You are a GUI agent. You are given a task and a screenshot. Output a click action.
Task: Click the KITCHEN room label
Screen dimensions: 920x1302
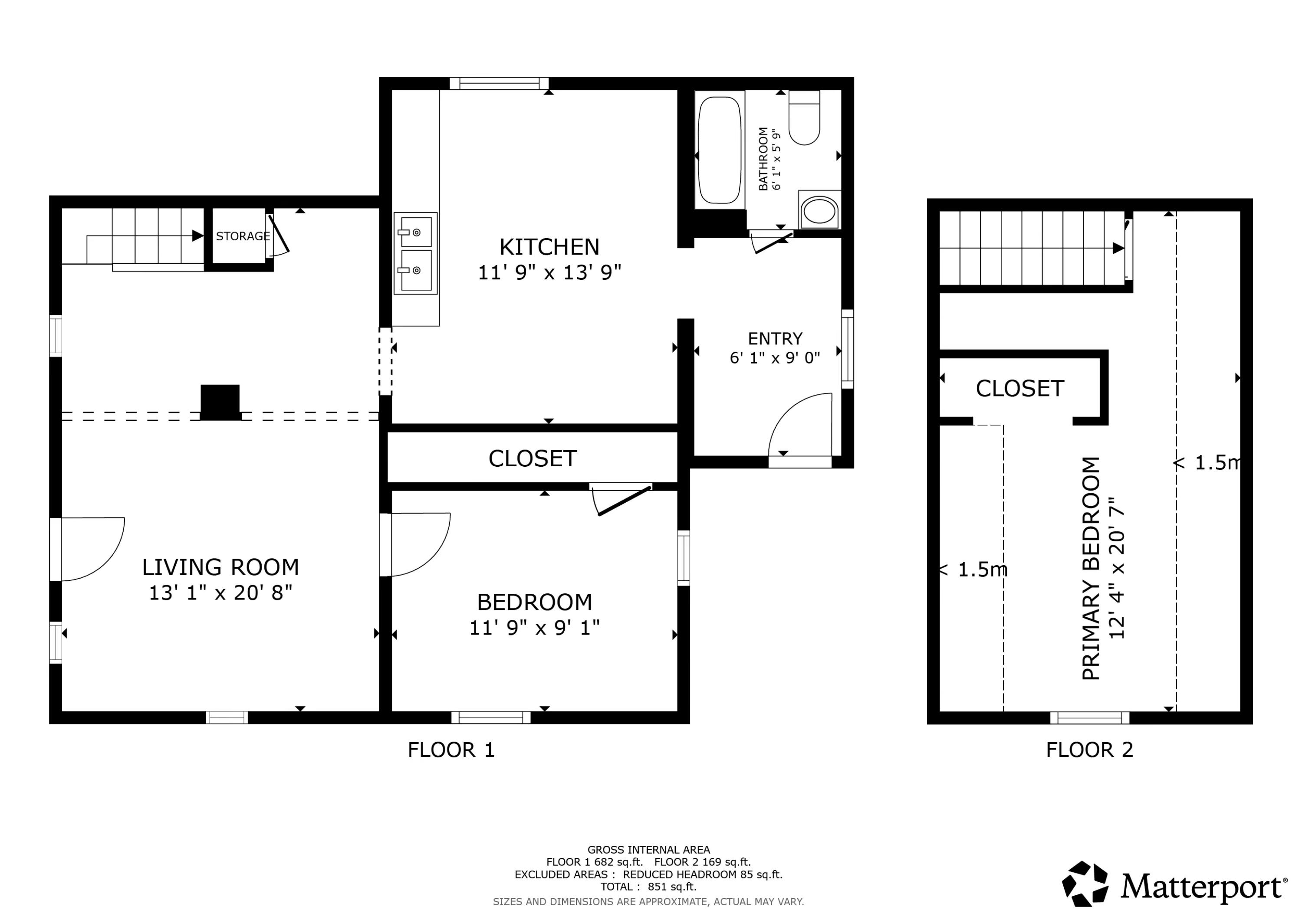(549, 247)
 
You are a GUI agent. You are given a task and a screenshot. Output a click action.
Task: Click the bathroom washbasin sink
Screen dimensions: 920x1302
(819, 211)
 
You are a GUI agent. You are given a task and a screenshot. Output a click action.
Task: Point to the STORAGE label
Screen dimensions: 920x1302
(242, 236)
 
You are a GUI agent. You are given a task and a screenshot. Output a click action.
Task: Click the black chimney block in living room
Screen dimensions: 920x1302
(220, 403)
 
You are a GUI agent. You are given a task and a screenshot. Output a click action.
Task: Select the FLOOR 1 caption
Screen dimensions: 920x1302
(451, 750)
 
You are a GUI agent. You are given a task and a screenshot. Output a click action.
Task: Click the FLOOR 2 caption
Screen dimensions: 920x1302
(1089, 750)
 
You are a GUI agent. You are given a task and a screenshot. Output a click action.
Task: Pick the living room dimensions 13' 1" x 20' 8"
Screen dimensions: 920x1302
(220, 593)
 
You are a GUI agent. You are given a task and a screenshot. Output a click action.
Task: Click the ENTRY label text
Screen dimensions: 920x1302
(775, 339)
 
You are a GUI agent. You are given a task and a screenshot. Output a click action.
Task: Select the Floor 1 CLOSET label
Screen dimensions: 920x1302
(532, 458)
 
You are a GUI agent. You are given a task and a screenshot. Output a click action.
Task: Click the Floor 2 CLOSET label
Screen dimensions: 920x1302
(1019, 389)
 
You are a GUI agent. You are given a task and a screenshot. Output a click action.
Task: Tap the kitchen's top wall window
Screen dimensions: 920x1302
(499, 84)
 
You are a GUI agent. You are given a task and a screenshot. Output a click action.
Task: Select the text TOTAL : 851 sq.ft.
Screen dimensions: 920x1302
(648, 887)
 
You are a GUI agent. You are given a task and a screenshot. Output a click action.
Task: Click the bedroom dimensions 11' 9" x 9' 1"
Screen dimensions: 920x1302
(534, 628)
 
